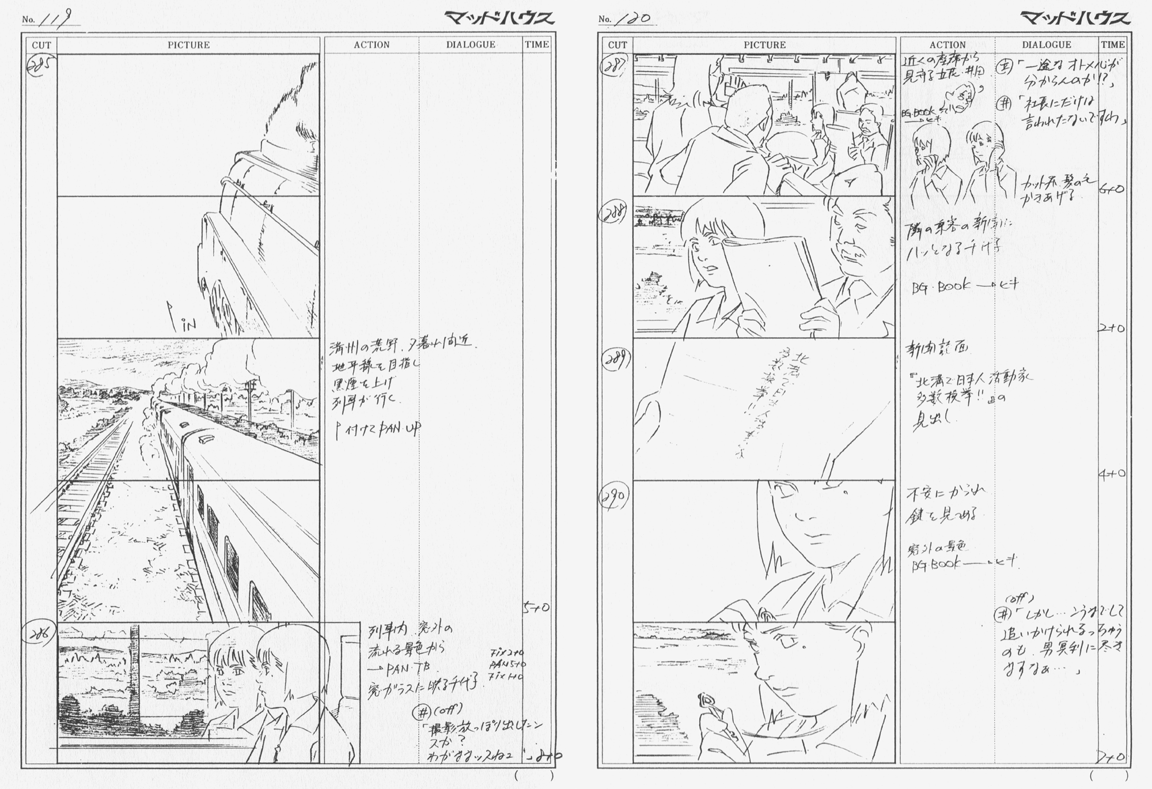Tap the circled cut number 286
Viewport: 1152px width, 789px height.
40,635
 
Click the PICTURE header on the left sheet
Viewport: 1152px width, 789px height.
188,45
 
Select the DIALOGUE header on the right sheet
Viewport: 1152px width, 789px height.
1046,45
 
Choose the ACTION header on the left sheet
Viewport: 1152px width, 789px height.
372,45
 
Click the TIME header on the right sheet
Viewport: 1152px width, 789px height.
1112,45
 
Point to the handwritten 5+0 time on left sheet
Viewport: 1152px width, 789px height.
536,607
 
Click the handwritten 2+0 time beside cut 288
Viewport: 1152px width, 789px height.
1111,329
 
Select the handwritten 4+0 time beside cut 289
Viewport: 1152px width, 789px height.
1111,474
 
